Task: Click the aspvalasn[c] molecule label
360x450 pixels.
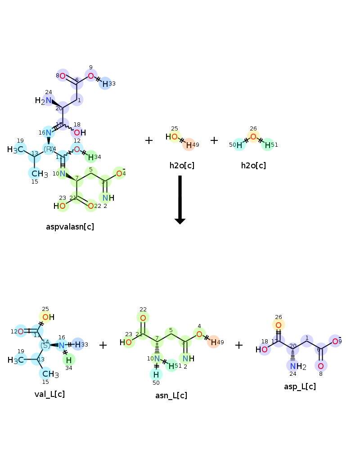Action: [70, 227]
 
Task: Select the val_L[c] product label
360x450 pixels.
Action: [49, 394]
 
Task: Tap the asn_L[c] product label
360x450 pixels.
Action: [171, 396]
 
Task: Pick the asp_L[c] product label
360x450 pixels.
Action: [300, 387]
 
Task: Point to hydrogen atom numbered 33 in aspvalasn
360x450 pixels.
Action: [105, 83]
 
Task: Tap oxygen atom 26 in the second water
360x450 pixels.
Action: [253, 136]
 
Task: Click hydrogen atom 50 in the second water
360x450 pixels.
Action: [239, 145]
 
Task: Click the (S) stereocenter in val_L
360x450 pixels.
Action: [45, 345]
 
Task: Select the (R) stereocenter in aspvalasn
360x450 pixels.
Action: [49, 148]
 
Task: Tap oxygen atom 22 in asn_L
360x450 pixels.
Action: [143, 318]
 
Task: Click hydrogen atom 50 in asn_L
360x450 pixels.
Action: [156, 374]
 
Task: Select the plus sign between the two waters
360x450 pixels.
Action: [214, 140]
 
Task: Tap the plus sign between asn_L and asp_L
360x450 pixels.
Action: [239, 345]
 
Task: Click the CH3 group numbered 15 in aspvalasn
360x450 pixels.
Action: [39, 174]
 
